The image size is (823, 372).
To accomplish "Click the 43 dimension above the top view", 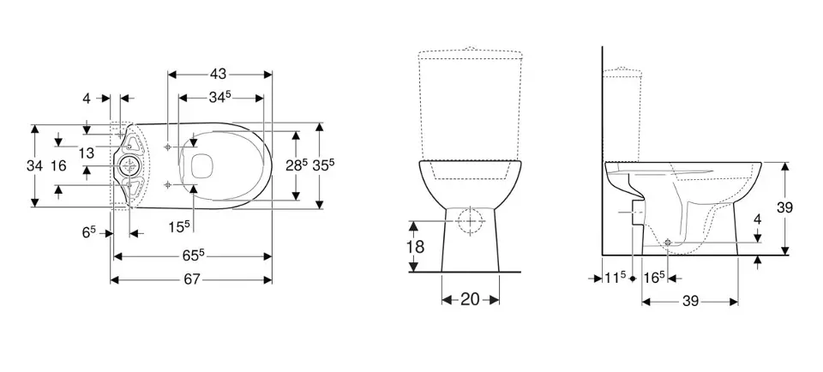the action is [219, 74].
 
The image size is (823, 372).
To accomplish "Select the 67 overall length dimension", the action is [192, 279].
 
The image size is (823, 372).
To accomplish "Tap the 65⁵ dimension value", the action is [194, 255].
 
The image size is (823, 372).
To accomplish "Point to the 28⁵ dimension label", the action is [297, 165].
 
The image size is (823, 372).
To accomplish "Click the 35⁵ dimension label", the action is [323, 165].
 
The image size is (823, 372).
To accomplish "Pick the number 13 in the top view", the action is [86, 153].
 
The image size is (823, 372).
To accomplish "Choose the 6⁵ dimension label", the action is [89, 233].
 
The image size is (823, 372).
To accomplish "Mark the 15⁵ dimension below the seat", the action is [179, 226].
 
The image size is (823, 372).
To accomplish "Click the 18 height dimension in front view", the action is [416, 246].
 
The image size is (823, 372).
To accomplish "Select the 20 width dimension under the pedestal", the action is [470, 300].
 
